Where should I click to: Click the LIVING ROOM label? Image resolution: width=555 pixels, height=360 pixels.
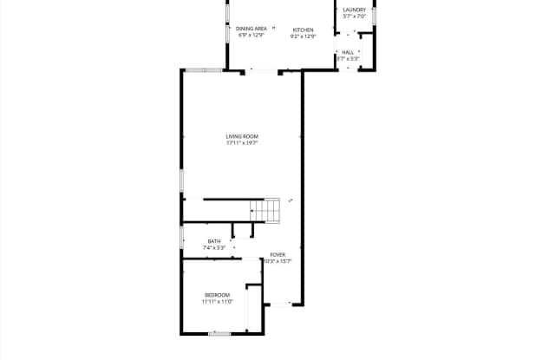point(242,136)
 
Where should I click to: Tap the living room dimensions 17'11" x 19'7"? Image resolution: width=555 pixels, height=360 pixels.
point(242,143)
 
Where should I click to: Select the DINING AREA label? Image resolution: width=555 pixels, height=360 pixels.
point(251,29)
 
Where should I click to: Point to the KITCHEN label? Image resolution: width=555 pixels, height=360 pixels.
point(303,29)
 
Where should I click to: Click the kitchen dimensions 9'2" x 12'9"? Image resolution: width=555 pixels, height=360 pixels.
point(303,36)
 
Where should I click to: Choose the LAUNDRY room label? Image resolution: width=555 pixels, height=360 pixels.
point(355,10)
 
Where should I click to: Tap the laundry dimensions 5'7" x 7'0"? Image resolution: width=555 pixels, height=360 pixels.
point(355,16)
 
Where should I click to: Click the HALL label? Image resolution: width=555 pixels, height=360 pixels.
point(348,52)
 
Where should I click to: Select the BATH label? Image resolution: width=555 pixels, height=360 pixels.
point(213,241)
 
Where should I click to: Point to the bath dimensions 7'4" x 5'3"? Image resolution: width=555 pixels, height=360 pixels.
point(213,248)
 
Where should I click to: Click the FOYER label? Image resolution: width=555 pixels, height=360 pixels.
point(277,254)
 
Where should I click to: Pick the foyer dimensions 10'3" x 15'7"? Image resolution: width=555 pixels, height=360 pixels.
point(277,261)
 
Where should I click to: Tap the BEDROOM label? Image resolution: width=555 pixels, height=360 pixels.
point(217,295)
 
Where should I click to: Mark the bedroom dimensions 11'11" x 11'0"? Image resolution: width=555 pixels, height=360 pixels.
point(217,302)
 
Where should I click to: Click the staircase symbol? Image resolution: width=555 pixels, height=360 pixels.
point(267,209)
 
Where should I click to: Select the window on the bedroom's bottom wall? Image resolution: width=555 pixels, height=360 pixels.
point(220,332)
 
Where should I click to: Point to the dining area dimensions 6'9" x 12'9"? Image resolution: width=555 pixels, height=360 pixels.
point(251,36)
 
